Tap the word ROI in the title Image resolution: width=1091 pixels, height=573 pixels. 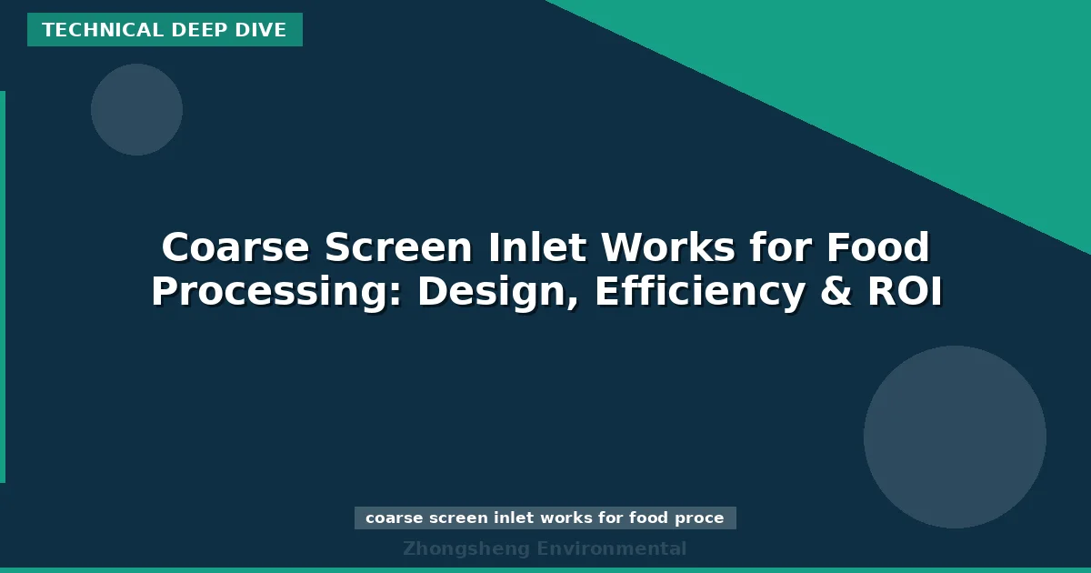point(905,292)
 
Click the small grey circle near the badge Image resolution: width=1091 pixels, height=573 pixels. point(136,109)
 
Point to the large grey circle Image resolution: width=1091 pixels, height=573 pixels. point(955,437)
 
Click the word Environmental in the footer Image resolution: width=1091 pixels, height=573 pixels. point(612,548)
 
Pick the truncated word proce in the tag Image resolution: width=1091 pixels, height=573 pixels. point(700,518)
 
